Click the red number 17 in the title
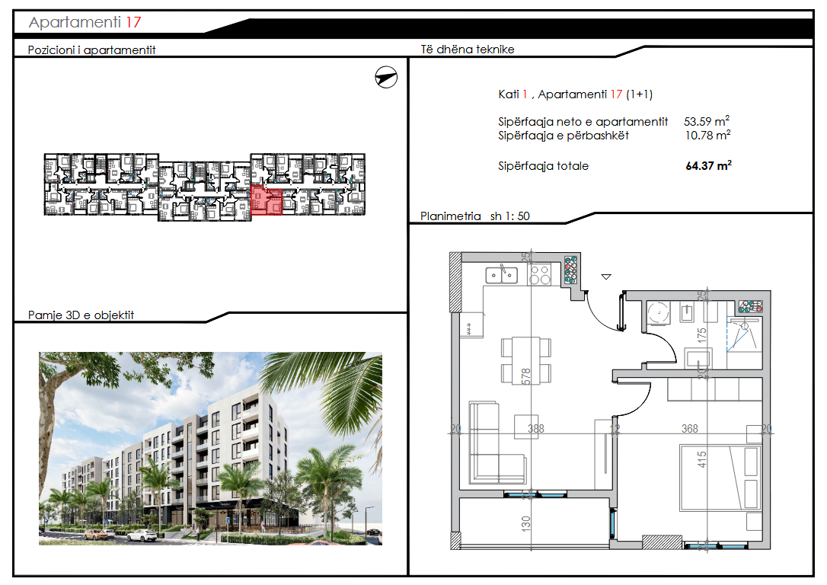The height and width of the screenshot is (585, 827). [x=133, y=22]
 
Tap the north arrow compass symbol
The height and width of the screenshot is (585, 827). [x=387, y=77]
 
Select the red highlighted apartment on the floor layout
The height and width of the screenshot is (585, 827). [x=266, y=201]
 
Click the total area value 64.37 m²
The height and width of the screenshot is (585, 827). [x=707, y=165]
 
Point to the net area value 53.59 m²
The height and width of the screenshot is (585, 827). [x=707, y=121]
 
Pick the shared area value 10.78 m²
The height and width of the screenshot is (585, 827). [x=707, y=136]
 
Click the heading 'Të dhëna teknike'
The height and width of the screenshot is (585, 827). [x=468, y=50]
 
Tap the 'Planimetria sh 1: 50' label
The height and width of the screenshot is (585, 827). [x=475, y=216]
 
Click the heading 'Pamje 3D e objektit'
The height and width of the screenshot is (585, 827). [x=81, y=315]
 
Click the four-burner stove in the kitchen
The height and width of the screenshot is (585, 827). [x=540, y=274]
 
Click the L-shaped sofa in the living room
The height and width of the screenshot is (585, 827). [x=486, y=442]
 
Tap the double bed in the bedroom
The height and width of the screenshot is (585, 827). [x=720, y=477]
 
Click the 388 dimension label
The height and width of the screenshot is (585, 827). [x=536, y=429]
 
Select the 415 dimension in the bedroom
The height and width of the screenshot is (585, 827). [x=702, y=459]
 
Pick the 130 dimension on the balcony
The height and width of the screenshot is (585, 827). [x=525, y=523]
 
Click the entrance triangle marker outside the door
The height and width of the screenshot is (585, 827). [x=606, y=277]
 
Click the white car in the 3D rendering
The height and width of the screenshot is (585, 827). [x=142, y=535]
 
